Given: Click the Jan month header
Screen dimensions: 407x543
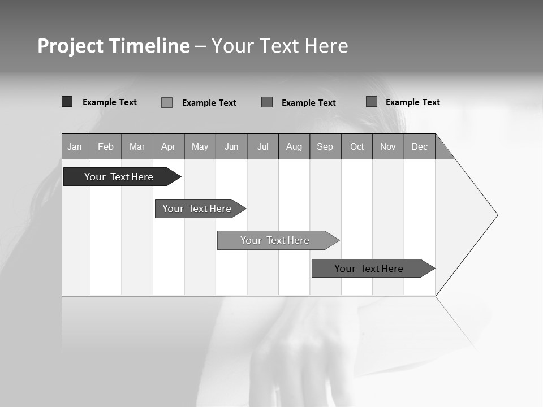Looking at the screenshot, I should (x=75, y=146).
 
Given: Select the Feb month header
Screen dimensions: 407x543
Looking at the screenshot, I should (x=106, y=146).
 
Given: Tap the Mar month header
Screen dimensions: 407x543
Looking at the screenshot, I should (x=137, y=146).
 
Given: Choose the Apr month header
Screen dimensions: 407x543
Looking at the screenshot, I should (x=169, y=146).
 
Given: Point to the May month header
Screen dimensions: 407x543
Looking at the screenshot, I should (x=200, y=146).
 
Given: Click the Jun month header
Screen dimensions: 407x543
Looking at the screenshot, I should (x=231, y=146).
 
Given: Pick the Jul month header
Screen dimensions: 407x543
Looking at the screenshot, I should (x=262, y=146).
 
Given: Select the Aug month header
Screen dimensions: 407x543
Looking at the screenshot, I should (x=294, y=146).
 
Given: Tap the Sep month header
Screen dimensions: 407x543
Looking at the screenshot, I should (x=325, y=146).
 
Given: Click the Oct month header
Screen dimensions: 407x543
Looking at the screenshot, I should (x=357, y=146).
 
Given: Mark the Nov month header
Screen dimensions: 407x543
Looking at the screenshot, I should (x=388, y=146).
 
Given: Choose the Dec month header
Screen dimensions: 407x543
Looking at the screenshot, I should (x=420, y=146).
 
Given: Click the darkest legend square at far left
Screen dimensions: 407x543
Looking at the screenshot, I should (x=67, y=102).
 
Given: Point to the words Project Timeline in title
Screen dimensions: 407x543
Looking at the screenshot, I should (x=113, y=46).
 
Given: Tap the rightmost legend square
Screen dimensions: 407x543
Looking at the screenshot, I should (x=372, y=102).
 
